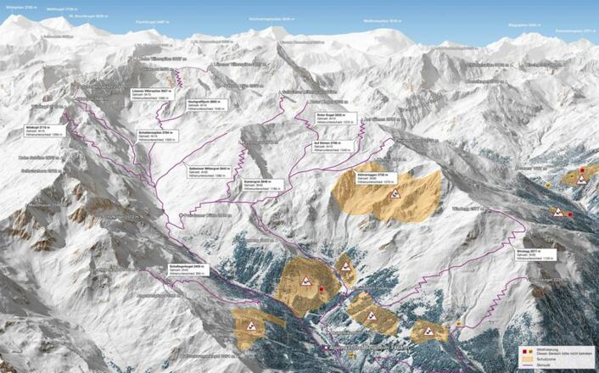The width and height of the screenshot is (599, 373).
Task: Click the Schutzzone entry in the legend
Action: coord(550,359)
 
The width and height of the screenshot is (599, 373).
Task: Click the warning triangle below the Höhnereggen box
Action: coord(395,194)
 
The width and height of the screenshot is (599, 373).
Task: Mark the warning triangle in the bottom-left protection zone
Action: coord(252,325)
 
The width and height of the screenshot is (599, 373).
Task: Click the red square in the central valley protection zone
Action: coord(322,291)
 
